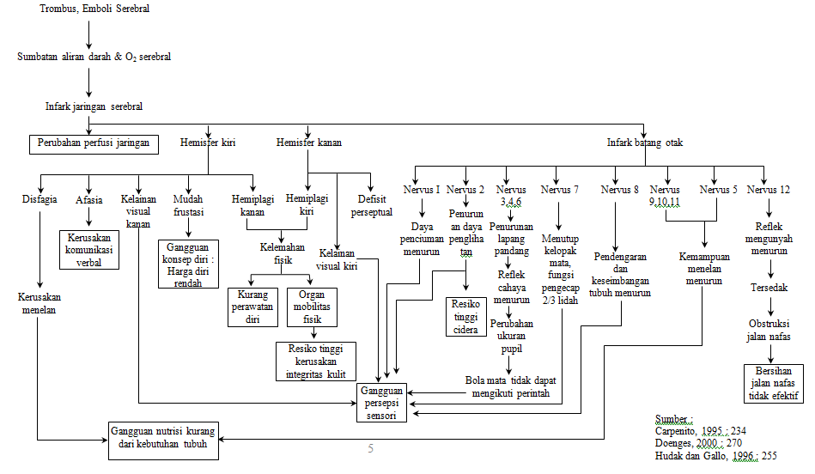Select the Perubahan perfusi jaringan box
pyautogui.click(x=94, y=143)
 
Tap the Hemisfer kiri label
pyautogui.click(x=207, y=143)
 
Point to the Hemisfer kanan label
pyautogui.click(x=308, y=143)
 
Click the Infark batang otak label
pyautogui.click(x=645, y=143)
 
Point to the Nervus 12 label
pyautogui.click(x=769, y=190)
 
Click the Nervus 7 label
pyautogui.click(x=560, y=190)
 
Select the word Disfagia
pyautogui.click(x=40, y=199)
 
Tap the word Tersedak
pyautogui.click(x=769, y=288)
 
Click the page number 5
pyautogui.click(x=371, y=448)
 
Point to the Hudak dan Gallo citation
pyautogui.click(x=715, y=456)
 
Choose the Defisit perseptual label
pyautogui.click(x=371, y=205)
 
